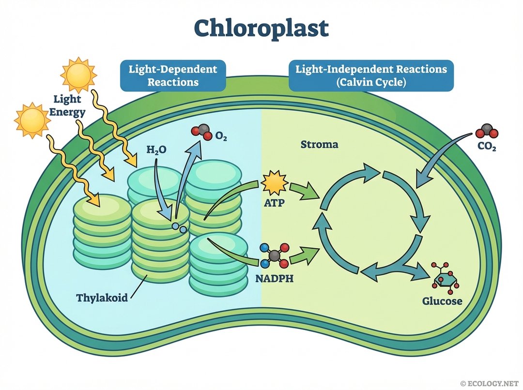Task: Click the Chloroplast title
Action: pyautogui.click(x=261, y=29)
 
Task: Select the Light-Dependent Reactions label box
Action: pyautogui.click(x=173, y=75)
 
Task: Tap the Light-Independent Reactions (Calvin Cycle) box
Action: pyautogui.click(x=371, y=75)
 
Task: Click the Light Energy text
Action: pyautogui.click(x=70, y=106)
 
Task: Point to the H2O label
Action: pyautogui.click(x=156, y=150)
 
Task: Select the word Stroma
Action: pyautogui.click(x=319, y=144)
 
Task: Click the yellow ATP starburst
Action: pyautogui.click(x=274, y=184)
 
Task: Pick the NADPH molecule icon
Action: pyautogui.click(x=274, y=255)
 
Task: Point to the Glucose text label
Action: pyautogui.click(x=442, y=301)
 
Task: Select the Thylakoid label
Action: pyautogui.click(x=102, y=297)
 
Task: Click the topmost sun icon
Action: pyautogui.click(x=78, y=74)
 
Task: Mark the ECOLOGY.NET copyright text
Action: pyautogui.click(x=490, y=383)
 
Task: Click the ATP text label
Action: pyautogui.click(x=274, y=204)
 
